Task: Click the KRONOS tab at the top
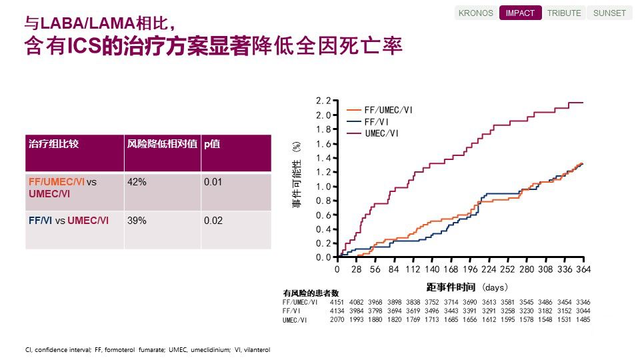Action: tap(477, 13)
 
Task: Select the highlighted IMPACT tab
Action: tap(520, 13)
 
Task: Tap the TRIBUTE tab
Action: tap(564, 13)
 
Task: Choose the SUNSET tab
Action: tap(609, 13)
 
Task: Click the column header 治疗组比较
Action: tap(54, 143)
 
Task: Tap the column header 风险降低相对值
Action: tap(162, 143)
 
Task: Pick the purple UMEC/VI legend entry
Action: tap(382, 133)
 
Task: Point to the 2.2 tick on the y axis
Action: tap(323, 101)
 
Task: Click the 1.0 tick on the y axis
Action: tap(323, 186)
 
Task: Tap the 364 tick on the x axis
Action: tap(584, 269)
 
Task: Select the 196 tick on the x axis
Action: tap(470, 269)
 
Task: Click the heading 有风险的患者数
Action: tap(311, 293)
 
